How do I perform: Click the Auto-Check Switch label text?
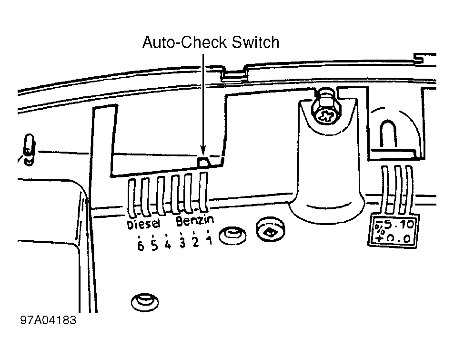click(211, 42)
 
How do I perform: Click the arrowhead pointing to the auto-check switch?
click(203, 150)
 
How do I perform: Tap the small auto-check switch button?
click(203, 162)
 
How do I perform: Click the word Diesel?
click(143, 224)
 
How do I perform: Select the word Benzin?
click(195, 221)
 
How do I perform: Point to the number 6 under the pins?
click(141, 246)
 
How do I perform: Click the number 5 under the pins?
click(154, 246)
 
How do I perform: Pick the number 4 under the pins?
click(168, 245)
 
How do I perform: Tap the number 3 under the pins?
click(182, 243)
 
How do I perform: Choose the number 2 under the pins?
click(195, 242)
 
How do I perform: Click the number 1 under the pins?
click(209, 240)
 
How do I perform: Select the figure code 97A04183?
click(48, 320)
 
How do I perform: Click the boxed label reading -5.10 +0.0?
click(393, 231)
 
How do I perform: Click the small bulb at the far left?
click(29, 149)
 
